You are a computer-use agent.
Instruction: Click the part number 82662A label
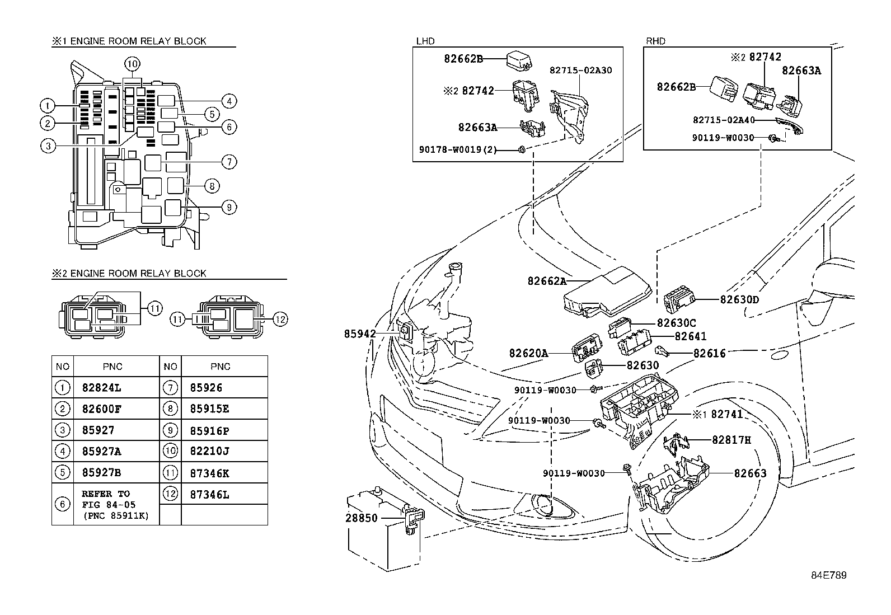(x=547, y=281)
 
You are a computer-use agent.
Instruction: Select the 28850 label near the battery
(x=362, y=518)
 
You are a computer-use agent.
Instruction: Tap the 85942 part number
(x=360, y=334)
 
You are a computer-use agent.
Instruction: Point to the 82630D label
(x=739, y=299)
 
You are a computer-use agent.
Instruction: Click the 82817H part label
(x=731, y=440)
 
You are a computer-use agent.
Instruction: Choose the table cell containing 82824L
(x=101, y=387)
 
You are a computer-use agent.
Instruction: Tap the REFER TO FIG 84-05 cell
(x=115, y=504)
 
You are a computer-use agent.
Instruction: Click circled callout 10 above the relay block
(x=132, y=64)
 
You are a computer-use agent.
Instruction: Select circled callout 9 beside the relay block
(x=228, y=208)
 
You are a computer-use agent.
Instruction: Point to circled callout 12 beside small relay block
(x=280, y=320)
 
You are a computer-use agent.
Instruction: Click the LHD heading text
(x=425, y=41)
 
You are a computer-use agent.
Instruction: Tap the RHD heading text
(x=656, y=41)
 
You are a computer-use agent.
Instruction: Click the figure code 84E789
(x=829, y=576)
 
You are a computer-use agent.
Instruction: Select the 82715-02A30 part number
(x=580, y=71)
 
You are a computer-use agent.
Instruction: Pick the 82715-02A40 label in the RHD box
(x=724, y=120)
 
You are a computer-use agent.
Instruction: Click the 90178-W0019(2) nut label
(x=458, y=149)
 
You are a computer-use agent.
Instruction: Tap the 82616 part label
(x=709, y=353)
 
